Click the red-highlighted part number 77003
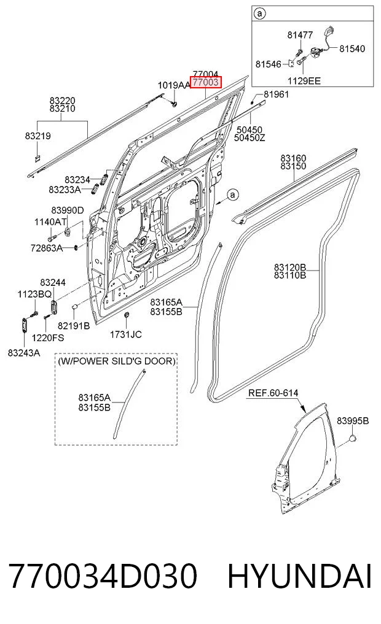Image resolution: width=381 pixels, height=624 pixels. [205, 82]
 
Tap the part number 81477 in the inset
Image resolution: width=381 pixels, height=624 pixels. [300, 35]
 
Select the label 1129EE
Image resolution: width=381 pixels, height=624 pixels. [304, 81]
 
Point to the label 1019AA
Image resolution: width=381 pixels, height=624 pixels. [174, 85]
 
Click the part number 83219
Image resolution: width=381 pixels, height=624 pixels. [38, 136]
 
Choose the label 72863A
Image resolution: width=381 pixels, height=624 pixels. [47, 248]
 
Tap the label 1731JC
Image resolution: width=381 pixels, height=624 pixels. [126, 334]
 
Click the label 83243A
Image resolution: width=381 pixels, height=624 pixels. [24, 353]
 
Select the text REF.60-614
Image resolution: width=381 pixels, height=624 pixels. [273, 393]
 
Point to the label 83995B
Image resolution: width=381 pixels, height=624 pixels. [353, 421]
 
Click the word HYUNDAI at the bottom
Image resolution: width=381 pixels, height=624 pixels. [300, 576]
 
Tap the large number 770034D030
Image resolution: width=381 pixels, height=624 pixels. [103, 576]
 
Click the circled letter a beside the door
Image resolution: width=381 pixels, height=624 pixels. [233, 195]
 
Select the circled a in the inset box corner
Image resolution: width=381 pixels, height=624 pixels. [259, 14]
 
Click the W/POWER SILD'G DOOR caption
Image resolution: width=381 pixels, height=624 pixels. [116, 361]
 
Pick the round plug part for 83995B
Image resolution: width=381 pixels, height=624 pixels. [353, 438]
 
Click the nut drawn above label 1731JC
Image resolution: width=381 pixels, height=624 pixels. [127, 315]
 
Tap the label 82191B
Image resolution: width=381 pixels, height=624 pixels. [74, 326]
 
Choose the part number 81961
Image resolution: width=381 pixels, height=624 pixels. [276, 94]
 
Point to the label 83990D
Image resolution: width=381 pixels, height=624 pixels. [68, 210]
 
